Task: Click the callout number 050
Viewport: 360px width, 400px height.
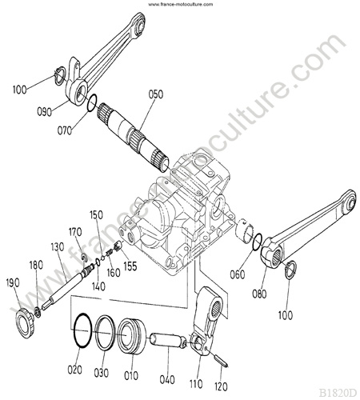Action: tap(156, 94)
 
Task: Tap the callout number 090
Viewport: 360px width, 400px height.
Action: tap(44, 112)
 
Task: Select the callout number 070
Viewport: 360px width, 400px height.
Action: tap(65, 130)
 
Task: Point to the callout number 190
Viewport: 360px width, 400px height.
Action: tap(13, 283)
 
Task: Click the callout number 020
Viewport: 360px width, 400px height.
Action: tap(74, 370)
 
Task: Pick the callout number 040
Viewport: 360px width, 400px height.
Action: tap(167, 379)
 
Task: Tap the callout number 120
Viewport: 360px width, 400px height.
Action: tap(221, 386)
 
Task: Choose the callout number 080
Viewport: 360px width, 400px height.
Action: tap(259, 294)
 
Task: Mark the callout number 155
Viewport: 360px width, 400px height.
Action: tap(130, 266)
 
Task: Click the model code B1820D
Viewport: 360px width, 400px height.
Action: tap(338, 393)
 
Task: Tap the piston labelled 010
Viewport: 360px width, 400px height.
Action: tap(132, 336)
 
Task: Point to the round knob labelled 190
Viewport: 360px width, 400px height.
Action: tap(25, 323)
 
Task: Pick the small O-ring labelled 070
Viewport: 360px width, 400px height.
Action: tap(92, 102)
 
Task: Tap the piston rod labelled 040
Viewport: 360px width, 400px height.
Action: tap(168, 340)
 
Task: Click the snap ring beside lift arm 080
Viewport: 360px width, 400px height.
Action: tap(290, 270)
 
